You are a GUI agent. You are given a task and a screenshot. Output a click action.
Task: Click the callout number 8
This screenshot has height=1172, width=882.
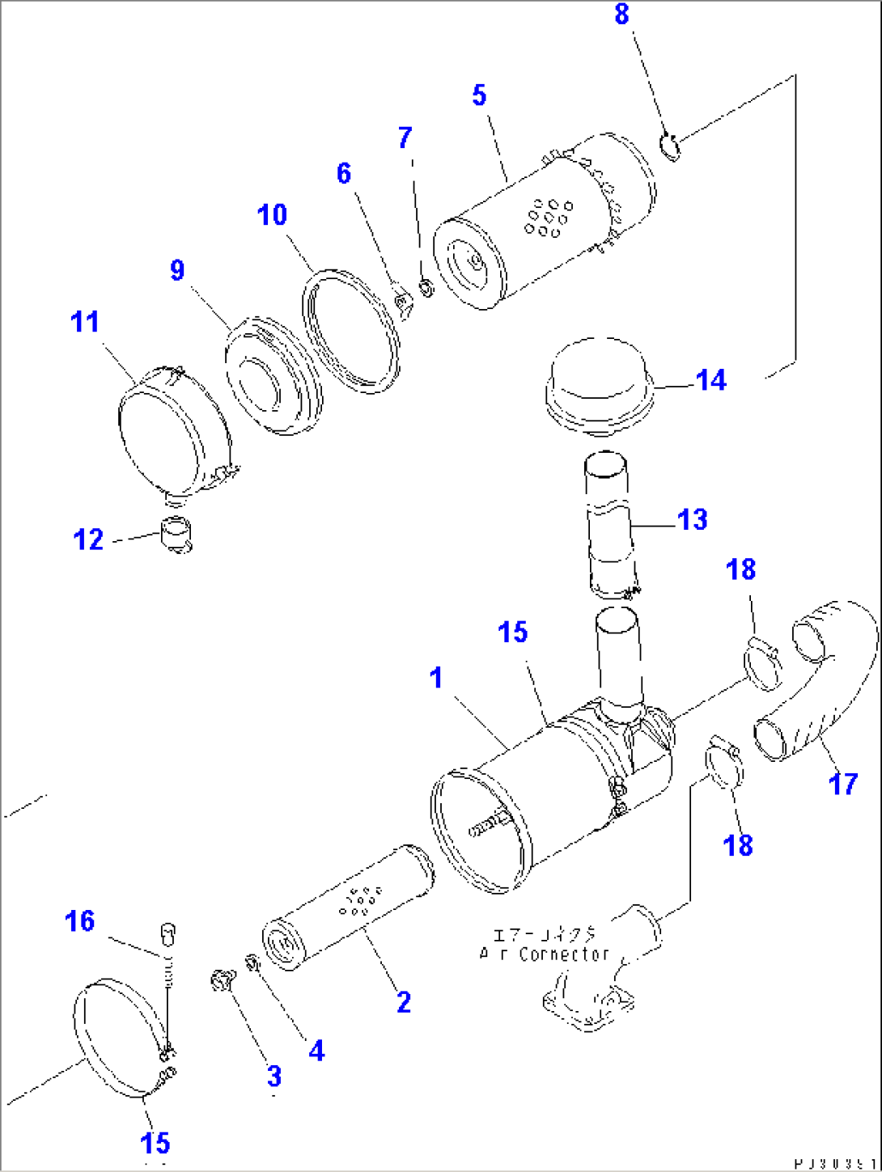point(621,15)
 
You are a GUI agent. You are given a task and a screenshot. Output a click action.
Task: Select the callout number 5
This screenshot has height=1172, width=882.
point(479,95)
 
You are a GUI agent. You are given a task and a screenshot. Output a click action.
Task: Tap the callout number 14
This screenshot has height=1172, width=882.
point(711,380)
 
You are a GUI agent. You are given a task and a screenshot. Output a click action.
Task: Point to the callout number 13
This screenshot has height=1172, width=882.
point(692,519)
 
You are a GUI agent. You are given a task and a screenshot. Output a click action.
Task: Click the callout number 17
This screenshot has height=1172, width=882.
point(842,783)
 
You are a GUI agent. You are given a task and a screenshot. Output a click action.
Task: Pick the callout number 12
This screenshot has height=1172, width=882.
point(88,539)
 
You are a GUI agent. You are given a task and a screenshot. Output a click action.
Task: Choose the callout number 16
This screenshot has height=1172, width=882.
point(80,921)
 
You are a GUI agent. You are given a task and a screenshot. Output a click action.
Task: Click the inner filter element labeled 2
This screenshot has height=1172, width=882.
point(348,906)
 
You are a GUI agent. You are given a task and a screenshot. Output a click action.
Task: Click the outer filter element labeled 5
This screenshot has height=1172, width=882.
point(542,218)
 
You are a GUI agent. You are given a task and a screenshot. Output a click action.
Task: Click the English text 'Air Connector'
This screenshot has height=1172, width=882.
point(544,954)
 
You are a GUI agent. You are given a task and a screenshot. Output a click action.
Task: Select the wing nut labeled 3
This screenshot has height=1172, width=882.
point(221,981)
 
